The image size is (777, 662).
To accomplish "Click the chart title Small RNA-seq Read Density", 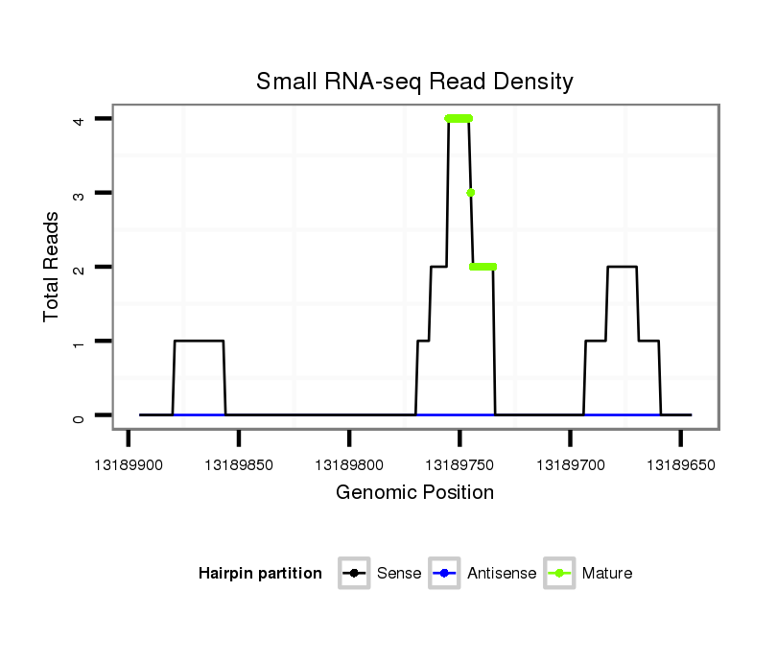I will point(414,82).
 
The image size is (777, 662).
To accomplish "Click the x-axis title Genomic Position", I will point(414,493).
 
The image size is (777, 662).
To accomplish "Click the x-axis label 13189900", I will point(129,465).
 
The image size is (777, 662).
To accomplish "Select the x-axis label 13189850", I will point(239,465).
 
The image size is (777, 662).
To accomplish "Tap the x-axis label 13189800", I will point(349,465).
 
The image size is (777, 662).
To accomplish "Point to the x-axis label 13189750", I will point(459,465).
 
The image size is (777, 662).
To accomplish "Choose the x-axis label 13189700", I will point(570,465).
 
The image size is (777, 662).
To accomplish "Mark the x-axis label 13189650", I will point(680,465).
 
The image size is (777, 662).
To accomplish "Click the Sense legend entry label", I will point(399,574).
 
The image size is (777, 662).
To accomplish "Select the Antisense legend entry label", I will point(502,574).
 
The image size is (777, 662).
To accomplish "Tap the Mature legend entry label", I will point(607,574).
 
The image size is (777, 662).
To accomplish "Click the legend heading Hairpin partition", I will point(260,574).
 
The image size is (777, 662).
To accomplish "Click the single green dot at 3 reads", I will point(471,193).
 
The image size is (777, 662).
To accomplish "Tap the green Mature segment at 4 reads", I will point(459,119).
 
